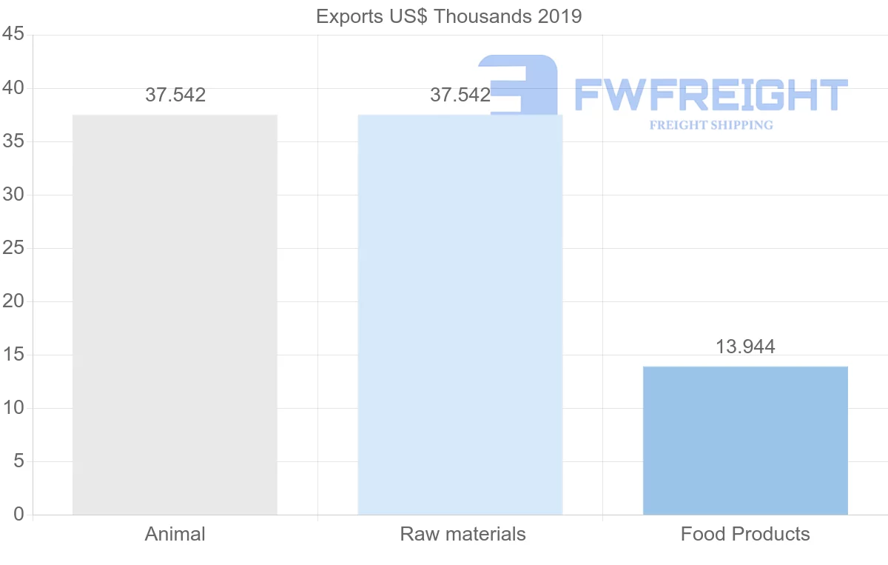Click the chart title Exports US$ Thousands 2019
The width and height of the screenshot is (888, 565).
[x=448, y=16]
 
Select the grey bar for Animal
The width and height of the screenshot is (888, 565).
[x=175, y=315]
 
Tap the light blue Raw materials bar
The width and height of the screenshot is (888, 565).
[x=460, y=315]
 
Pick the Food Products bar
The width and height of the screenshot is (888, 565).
[x=745, y=441]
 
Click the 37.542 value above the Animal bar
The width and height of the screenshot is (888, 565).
[x=175, y=95]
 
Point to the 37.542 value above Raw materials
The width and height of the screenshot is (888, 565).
[x=460, y=95]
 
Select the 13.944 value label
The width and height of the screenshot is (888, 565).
[x=745, y=347]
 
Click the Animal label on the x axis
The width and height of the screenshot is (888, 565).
[x=175, y=534]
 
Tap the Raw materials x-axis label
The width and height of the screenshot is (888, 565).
[x=462, y=534]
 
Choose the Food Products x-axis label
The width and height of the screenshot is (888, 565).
[x=745, y=534]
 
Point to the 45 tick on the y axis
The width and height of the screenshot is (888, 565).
[x=14, y=35]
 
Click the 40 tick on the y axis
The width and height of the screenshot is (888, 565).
[x=14, y=88]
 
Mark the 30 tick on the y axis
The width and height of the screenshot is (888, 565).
[x=14, y=195]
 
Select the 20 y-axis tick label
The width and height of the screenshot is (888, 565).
[x=14, y=301]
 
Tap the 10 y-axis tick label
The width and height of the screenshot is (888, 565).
[x=14, y=408]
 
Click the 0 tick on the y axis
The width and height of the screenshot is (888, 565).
[x=18, y=515]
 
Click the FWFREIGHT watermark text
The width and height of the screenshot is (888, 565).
[x=711, y=95]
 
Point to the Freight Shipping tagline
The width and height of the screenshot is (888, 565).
[x=711, y=125]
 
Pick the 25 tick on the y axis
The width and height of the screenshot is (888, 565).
[x=14, y=248]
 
